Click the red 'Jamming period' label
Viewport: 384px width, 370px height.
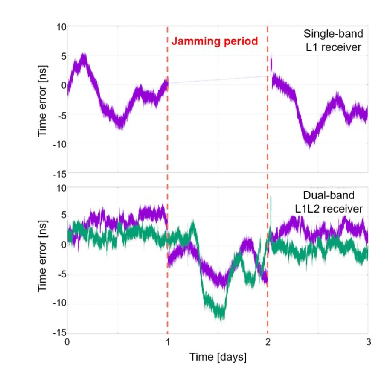coord(215,41)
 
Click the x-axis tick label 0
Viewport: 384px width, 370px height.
coord(67,343)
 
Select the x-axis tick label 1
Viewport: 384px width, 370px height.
coord(167,343)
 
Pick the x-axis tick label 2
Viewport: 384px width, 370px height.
coord(268,343)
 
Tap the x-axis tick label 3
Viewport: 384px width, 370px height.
coord(368,343)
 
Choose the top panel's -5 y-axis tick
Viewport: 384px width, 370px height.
coord(60,114)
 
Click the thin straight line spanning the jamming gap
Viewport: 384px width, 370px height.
coord(218,79)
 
